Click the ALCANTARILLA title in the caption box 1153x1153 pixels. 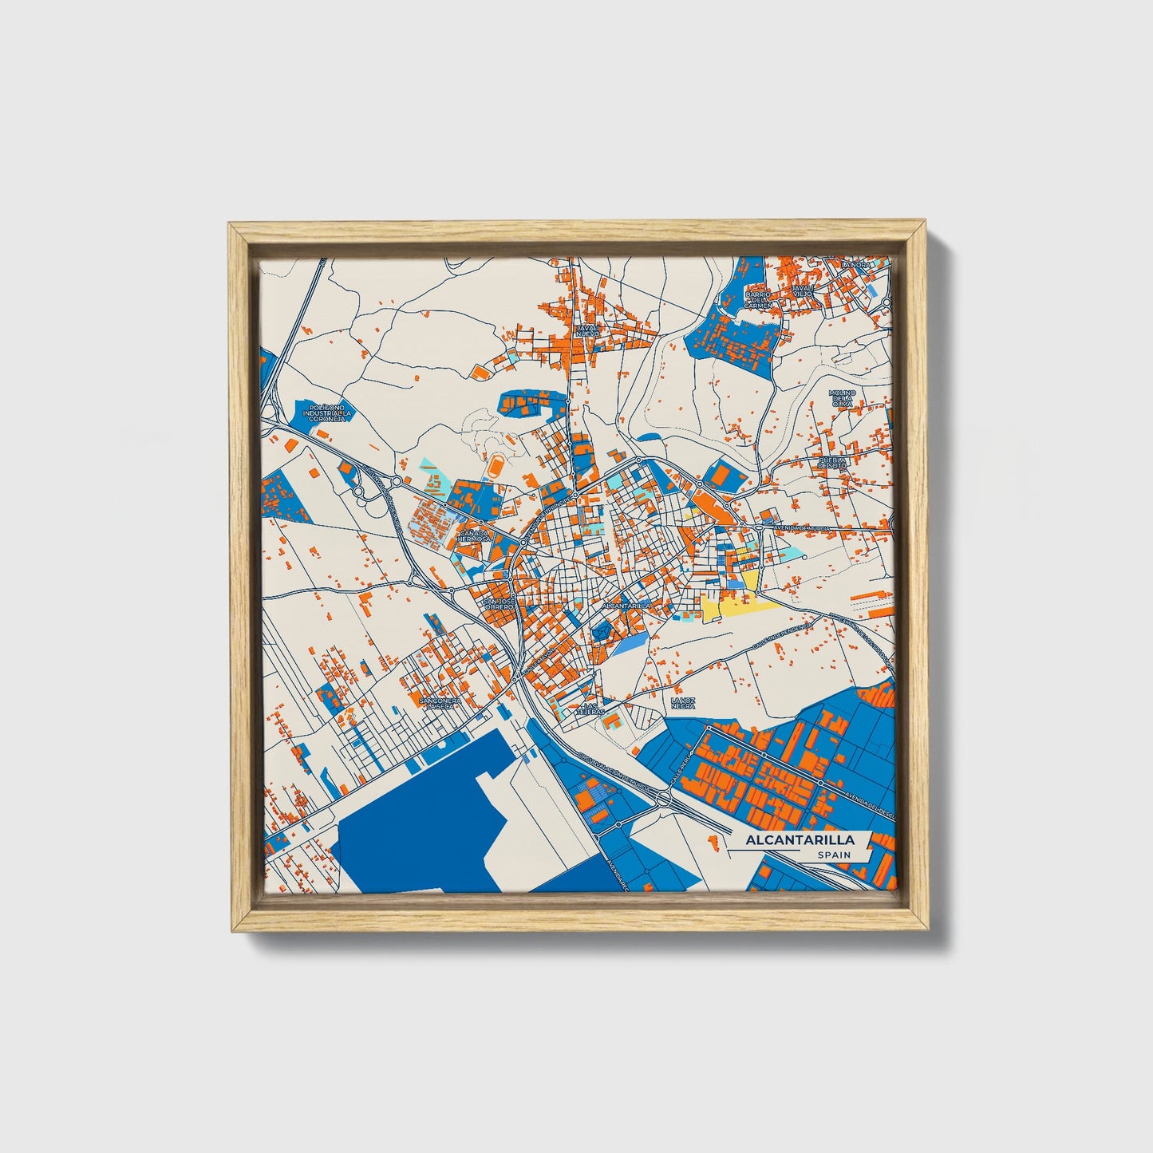[x=800, y=840]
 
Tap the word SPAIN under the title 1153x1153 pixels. [x=833, y=855]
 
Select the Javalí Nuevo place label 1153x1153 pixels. [x=587, y=330]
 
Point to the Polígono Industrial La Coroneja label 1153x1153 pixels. [x=328, y=413]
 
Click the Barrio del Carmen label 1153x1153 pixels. [x=759, y=299]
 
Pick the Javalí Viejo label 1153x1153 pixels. [x=802, y=290]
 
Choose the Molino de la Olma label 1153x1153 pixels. [x=842, y=399]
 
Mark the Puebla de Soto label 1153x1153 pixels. [x=831, y=464]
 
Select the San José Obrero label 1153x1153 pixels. [x=500, y=604]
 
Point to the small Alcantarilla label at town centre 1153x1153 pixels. [x=627, y=606]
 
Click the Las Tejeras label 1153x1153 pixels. [x=591, y=709]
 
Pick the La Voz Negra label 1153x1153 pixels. [x=683, y=703]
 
